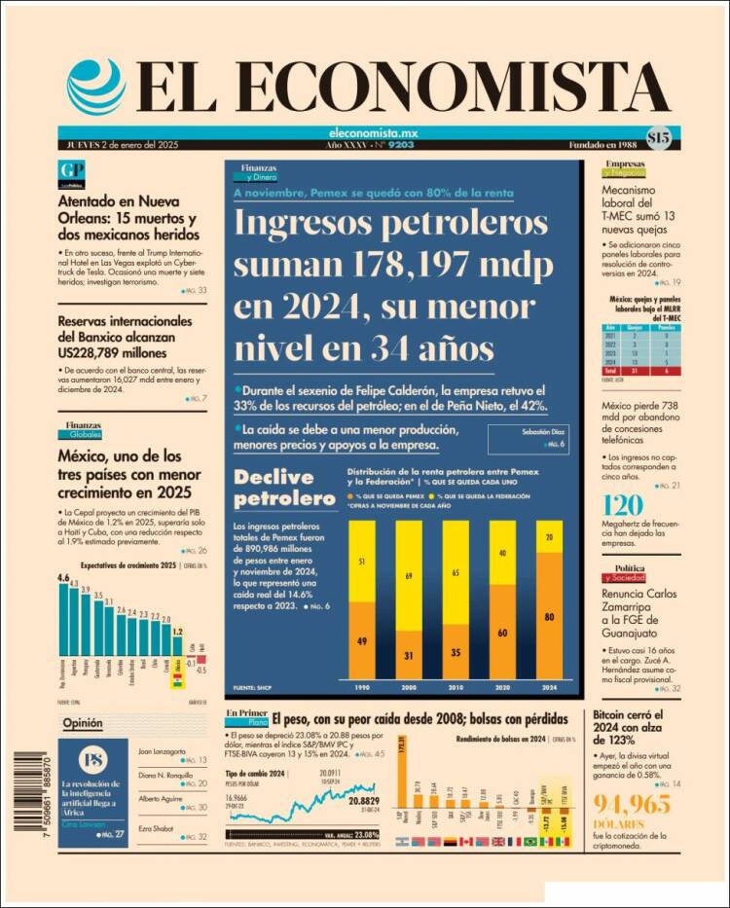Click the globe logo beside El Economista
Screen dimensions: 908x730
click(96, 87)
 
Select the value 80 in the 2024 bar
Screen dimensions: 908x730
click(552, 617)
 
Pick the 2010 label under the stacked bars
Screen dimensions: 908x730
click(457, 688)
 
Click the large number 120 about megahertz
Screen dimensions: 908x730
click(623, 506)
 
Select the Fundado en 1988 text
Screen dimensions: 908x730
click(603, 145)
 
